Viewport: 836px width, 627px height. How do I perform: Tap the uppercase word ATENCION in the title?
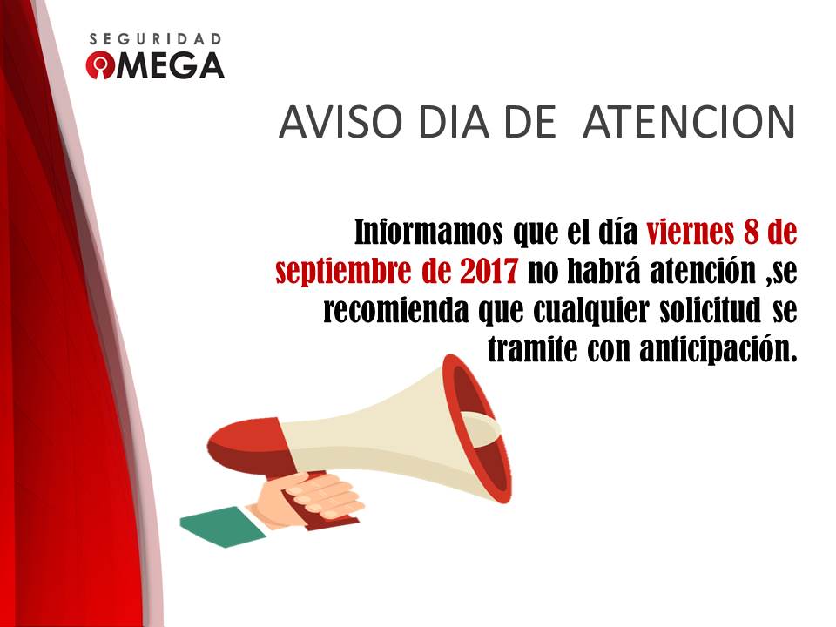(688, 124)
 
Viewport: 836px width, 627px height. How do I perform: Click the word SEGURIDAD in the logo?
(156, 39)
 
